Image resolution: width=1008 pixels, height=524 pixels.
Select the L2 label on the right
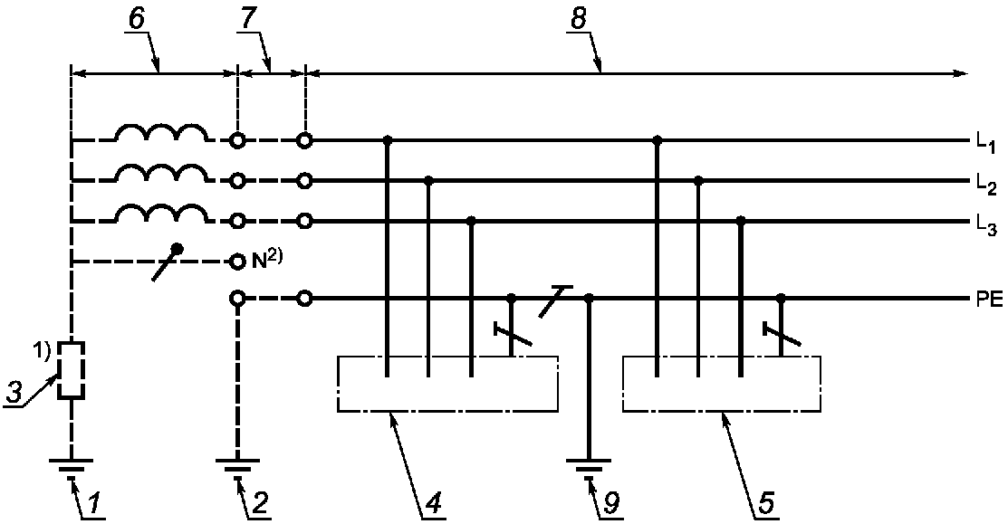click(x=985, y=186)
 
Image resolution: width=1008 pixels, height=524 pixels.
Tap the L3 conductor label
click(x=985, y=225)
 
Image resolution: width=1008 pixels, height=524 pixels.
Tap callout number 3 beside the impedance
click(x=13, y=393)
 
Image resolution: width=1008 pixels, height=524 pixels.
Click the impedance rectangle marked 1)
click(x=72, y=370)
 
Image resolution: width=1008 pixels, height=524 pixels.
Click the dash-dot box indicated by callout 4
click(x=447, y=357)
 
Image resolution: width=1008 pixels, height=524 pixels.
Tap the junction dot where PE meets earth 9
click(x=588, y=299)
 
